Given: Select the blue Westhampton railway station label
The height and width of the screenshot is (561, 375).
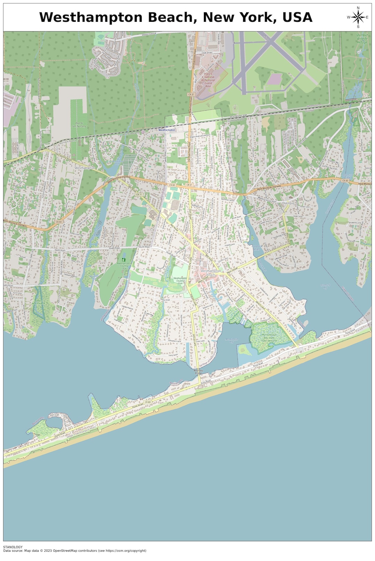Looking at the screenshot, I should pyautogui.click(x=167, y=130).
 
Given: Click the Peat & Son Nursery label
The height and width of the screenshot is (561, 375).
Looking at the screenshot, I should pyautogui.click(x=79, y=124).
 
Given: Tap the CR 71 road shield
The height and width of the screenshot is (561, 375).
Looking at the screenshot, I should pyautogui.click(x=139, y=195).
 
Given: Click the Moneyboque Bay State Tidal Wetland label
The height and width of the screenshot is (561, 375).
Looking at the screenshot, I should pyautogui.click(x=269, y=338).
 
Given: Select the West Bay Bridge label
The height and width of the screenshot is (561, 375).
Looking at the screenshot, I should pyautogui.click(x=198, y=372).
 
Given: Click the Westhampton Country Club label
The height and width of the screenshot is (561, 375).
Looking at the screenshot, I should pyautogui.click(x=180, y=280).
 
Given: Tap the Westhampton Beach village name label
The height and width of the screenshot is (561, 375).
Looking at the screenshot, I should pyautogui.click(x=210, y=273).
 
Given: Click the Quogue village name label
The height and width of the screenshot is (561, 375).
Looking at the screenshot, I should pyautogui.click(x=288, y=203).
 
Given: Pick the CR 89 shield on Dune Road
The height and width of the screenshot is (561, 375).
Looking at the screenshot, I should pyautogui.click(x=148, y=402).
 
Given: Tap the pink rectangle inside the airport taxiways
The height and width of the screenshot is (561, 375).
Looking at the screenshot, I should pyautogui.click(x=274, y=79).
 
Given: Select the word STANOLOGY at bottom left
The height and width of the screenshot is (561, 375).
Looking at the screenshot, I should pyautogui.click(x=13, y=547).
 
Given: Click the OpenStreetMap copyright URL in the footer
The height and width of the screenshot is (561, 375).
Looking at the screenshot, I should pyautogui.click(x=122, y=551).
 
